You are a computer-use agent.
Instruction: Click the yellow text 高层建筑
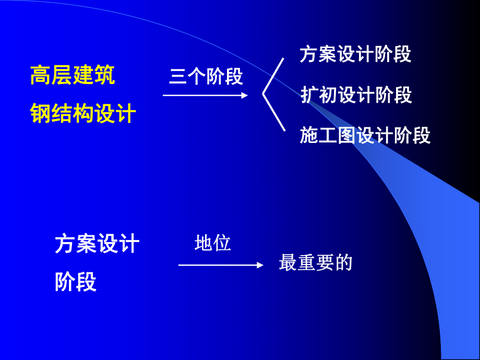(73, 76)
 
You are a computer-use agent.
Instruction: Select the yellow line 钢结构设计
(83, 113)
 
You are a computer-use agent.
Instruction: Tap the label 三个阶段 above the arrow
(206, 77)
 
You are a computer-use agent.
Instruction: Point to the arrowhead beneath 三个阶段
(244, 95)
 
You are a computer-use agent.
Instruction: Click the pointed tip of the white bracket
(262, 94)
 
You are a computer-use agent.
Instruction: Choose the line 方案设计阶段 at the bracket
(356, 54)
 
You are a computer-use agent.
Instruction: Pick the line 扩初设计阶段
(356, 95)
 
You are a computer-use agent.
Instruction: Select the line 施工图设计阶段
(365, 135)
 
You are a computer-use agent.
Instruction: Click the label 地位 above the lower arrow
(212, 243)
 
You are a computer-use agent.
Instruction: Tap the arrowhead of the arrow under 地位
(259, 265)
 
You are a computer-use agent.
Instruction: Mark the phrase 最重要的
(316, 262)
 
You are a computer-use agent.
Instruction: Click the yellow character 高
(40, 76)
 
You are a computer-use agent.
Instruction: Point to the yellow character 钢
(40, 113)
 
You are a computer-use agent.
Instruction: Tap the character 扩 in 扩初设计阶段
(309, 95)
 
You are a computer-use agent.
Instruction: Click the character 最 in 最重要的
(288, 262)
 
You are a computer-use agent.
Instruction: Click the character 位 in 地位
(222, 243)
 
